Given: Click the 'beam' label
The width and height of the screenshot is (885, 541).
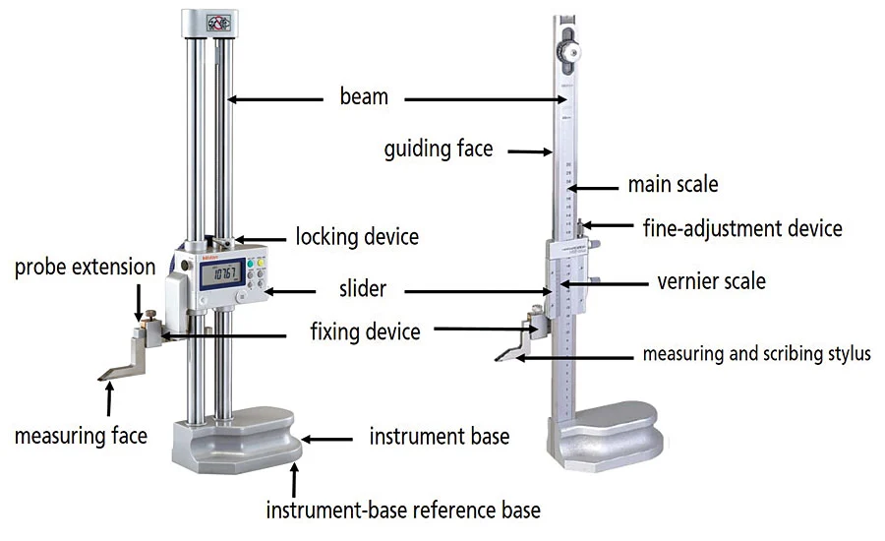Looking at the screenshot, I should pyautogui.click(x=364, y=96).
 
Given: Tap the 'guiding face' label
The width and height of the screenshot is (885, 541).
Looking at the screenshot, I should pyautogui.click(x=439, y=150).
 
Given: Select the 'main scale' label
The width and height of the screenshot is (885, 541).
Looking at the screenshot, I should pyautogui.click(x=673, y=184).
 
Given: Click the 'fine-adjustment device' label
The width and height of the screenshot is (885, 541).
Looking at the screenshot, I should pyautogui.click(x=742, y=228).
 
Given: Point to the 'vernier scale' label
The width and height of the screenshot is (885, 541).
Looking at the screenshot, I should pyautogui.click(x=711, y=281).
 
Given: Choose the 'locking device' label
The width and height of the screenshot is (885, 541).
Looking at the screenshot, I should pyautogui.click(x=357, y=236).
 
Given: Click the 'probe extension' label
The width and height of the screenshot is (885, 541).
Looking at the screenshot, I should pyautogui.click(x=85, y=267).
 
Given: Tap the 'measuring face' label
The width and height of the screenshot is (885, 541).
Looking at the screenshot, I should pyautogui.click(x=81, y=434).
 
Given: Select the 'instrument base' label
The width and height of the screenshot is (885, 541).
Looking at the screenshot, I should pyautogui.click(x=440, y=435).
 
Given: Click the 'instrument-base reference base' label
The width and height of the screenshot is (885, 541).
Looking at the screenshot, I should pyautogui.click(x=403, y=510).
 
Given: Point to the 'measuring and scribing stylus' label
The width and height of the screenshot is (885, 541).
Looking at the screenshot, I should pyautogui.click(x=756, y=353).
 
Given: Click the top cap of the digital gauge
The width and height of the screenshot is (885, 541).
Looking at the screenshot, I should pyautogui.click(x=210, y=22).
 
